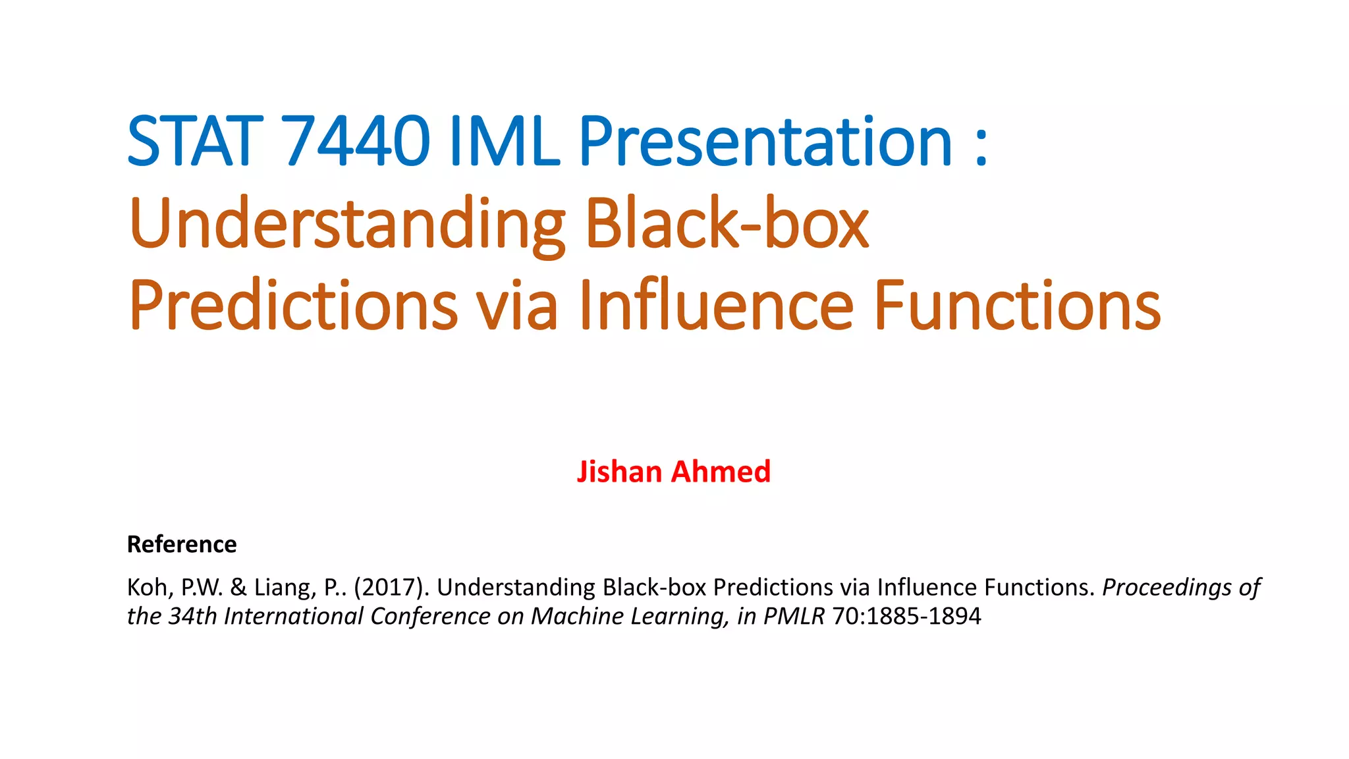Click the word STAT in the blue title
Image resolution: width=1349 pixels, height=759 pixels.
pyautogui.click(x=191, y=141)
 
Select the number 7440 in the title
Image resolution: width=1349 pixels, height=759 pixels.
pyautogui.click(x=356, y=141)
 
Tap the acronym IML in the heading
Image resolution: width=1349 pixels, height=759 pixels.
pyautogui.click(x=504, y=141)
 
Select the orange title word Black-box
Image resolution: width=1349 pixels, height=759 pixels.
pyautogui.click(x=727, y=224)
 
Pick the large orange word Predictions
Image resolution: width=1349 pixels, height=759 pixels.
pyautogui.click(x=293, y=306)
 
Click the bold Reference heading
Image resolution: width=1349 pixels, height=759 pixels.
pyautogui.click(x=182, y=544)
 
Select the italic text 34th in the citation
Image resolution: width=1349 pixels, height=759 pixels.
pyautogui.click(x=192, y=616)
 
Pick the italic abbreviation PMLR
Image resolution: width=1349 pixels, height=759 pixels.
pyautogui.click(x=794, y=616)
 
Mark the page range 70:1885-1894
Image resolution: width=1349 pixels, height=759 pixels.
pyautogui.click(x=906, y=616)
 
